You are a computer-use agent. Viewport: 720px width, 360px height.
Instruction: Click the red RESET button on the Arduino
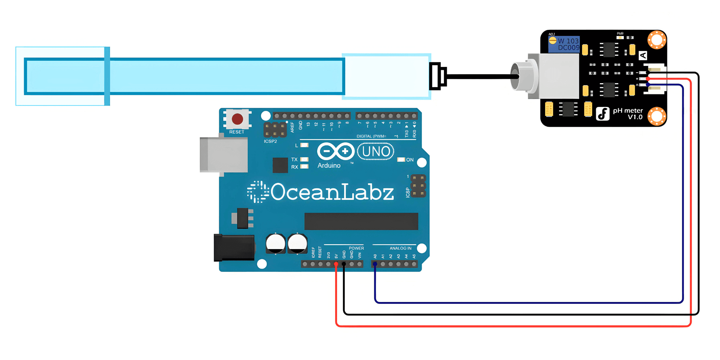pyautogui.click(x=237, y=119)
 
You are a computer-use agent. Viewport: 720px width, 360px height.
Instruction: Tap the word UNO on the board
pyautogui.click(x=376, y=152)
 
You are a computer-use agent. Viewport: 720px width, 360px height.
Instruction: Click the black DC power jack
pyautogui.click(x=234, y=247)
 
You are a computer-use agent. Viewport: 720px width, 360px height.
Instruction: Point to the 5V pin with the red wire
pyautogui.click(x=336, y=264)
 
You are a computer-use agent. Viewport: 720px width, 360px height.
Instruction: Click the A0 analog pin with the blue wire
pyautogui.click(x=375, y=264)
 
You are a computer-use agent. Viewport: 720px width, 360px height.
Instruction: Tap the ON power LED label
pyautogui.click(x=410, y=160)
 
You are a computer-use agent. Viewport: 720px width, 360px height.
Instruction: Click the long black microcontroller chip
pyautogui.click(x=361, y=221)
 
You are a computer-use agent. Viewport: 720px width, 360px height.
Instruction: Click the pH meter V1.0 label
pyautogui.click(x=628, y=114)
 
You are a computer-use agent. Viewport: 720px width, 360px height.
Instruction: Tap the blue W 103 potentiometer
pyautogui.click(x=564, y=44)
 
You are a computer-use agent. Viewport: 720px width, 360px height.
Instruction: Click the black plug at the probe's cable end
pyautogui.click(x=437, y=76)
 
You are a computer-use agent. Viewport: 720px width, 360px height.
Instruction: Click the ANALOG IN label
pyautogui.click(x=400, y=248)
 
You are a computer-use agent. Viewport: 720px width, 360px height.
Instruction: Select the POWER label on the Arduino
pyautogui.click(x=356, y=248)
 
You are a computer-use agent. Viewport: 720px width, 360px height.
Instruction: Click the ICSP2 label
pyautogui.click(x=270, y=141)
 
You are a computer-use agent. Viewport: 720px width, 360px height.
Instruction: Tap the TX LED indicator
pyautogui.click(x=304, y=159)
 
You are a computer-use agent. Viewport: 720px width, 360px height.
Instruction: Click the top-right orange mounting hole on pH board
pyautogui.click(x=657, y=40)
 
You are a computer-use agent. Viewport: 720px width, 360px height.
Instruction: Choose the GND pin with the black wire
pyautogui.click(x=344, y=264)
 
